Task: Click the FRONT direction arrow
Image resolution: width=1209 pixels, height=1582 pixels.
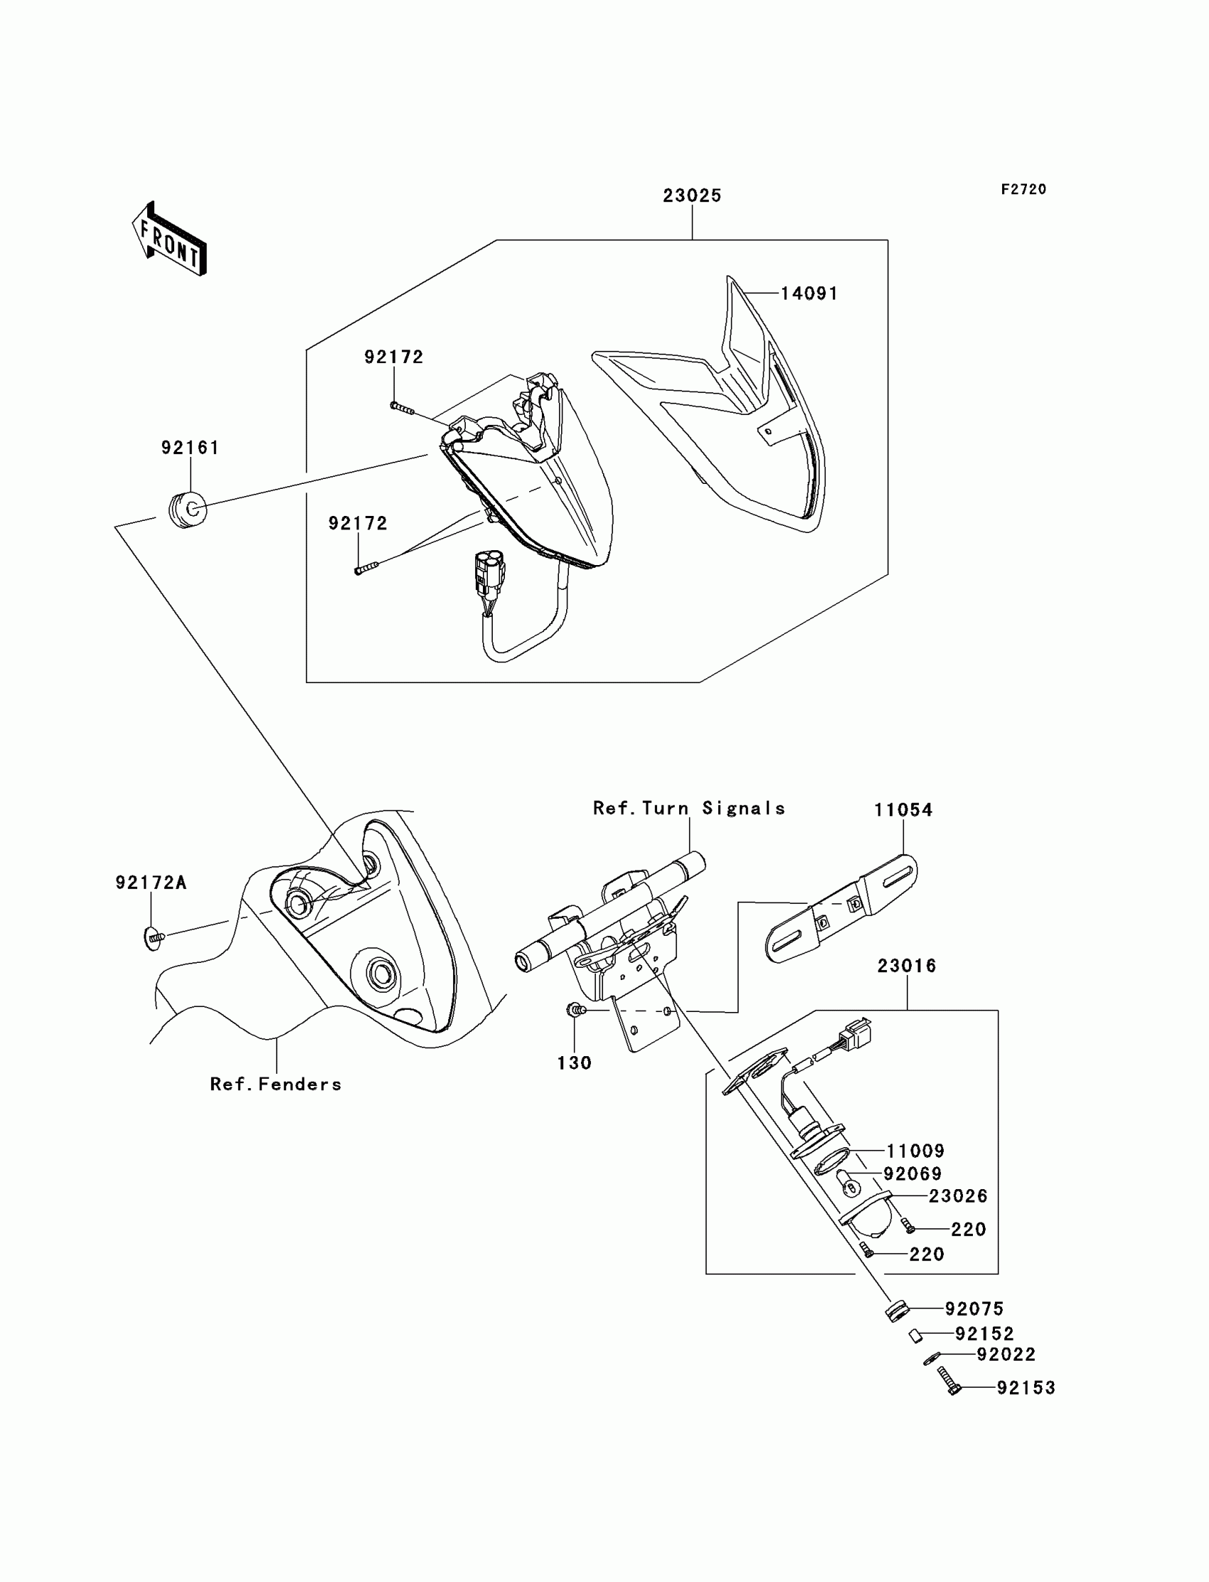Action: (170, 240)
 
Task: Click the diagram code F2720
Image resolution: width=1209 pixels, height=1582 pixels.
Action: (1023, 189)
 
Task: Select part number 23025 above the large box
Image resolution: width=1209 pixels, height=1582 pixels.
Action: (691, 196)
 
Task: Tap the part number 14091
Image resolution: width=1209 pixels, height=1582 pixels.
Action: (809, 294)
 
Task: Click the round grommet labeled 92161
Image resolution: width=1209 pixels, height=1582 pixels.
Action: (187, 510)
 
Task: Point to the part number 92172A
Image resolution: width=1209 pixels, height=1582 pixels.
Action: (151, 883)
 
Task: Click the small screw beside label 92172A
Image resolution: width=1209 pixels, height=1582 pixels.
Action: (154, 938)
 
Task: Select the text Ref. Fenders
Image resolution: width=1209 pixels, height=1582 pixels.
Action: (276, 1085)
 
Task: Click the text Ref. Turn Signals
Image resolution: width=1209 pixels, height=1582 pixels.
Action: (688, 808)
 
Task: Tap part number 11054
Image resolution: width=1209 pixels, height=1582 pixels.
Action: (903, 810)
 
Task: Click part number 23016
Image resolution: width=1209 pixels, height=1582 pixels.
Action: (907, 966)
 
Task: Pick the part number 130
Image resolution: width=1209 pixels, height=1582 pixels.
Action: (575, 1062)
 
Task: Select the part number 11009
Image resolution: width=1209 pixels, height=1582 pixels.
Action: (915, 1151)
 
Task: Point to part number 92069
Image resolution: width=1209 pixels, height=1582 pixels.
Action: (912, 1174)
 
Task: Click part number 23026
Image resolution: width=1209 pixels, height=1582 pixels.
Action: (958, 1196)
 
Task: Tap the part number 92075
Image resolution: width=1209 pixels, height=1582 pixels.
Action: (974, 1309)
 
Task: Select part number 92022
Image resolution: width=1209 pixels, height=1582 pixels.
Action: (1006, 1354)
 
